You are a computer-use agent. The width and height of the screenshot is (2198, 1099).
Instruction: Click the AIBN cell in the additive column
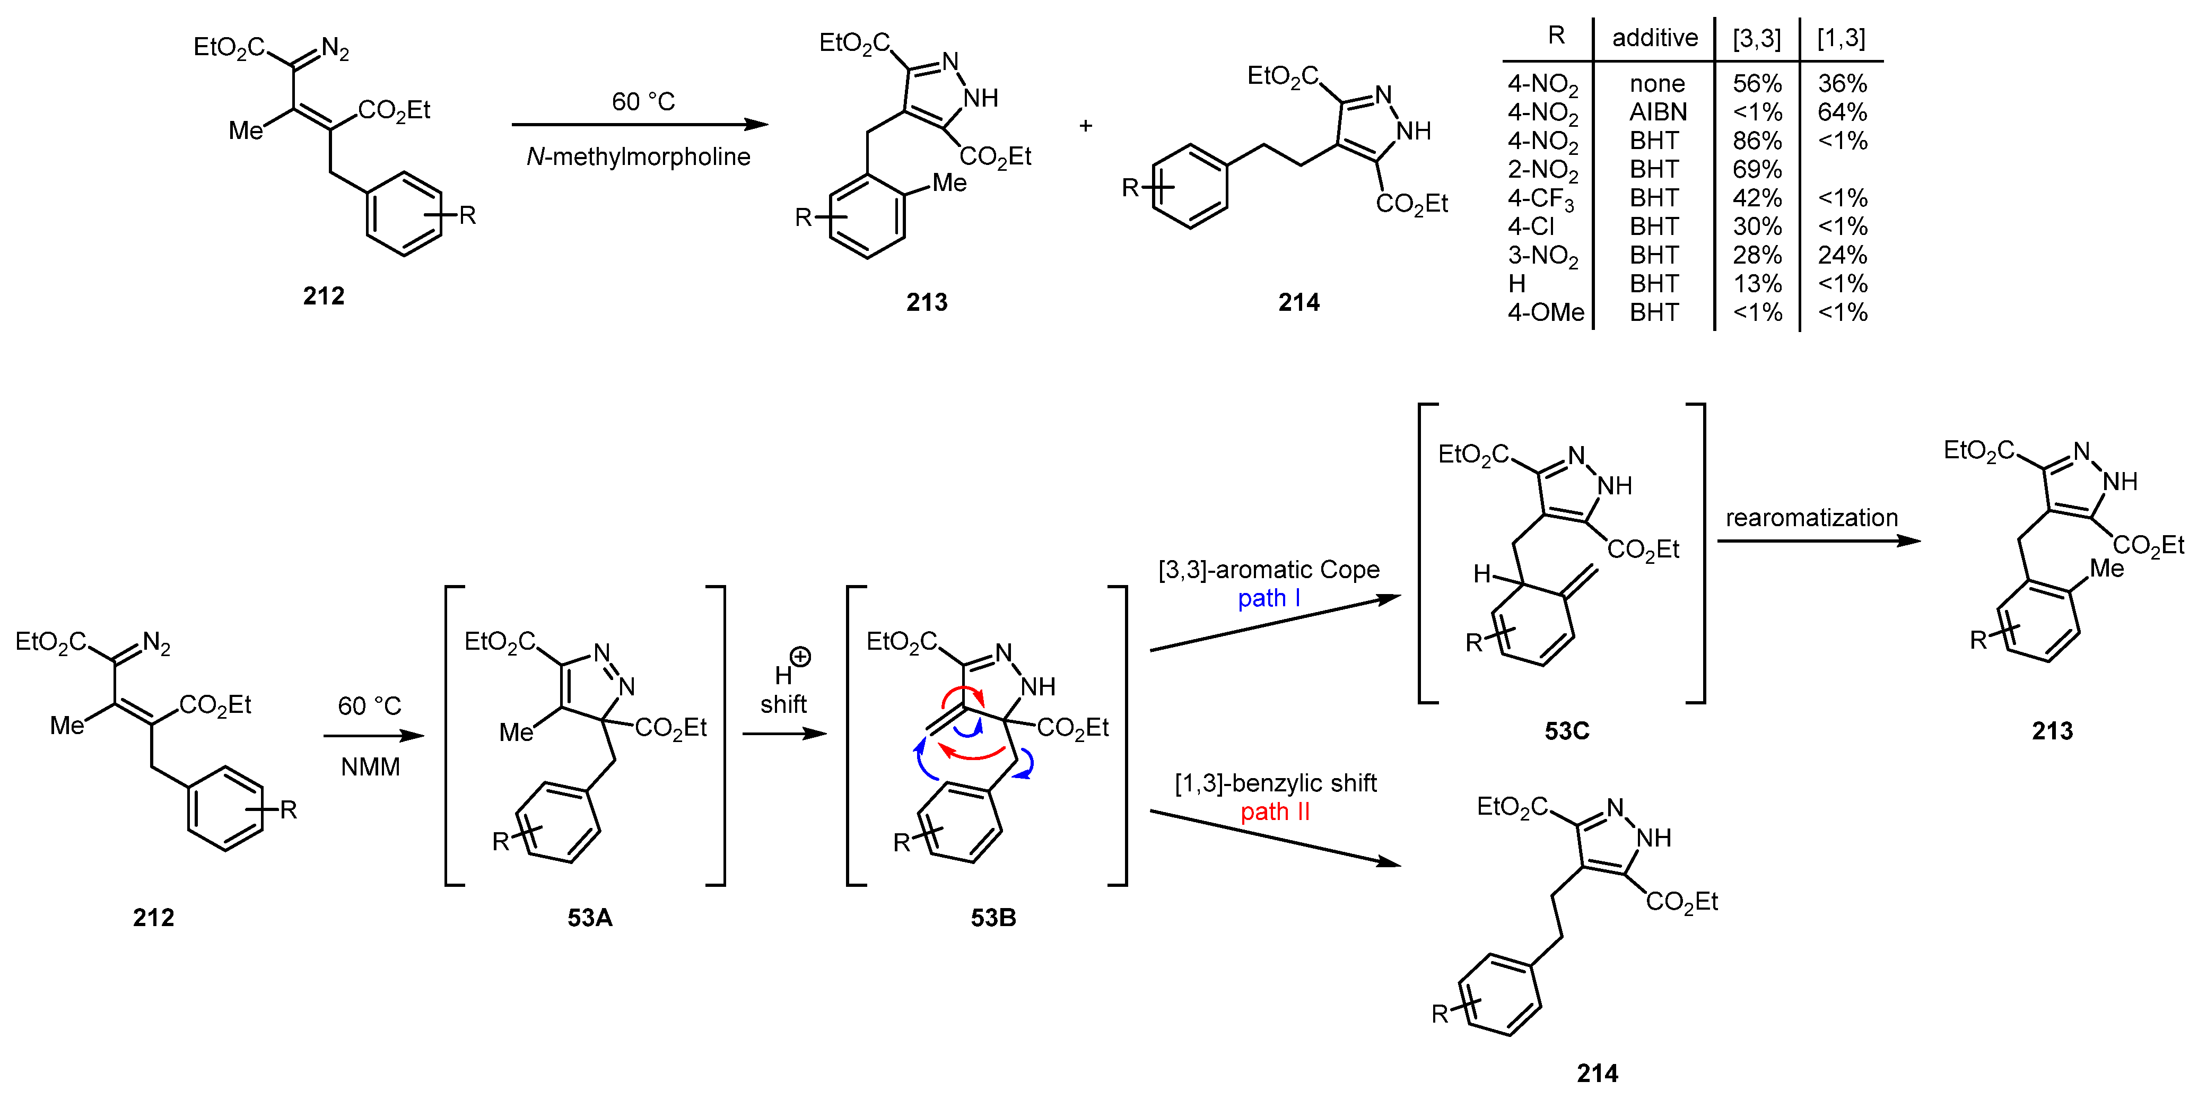[x=1657, y=112]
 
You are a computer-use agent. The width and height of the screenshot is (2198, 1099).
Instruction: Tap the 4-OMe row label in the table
[x=1545, y=312]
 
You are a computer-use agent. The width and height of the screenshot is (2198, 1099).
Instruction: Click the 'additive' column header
[x=1654, y=38]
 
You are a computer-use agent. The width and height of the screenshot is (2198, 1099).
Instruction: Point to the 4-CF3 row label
[x=1541, y=198]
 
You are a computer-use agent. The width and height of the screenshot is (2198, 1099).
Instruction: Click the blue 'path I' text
[x=1269, y=598]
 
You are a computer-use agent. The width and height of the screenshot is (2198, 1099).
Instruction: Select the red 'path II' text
[x=1274, y=812]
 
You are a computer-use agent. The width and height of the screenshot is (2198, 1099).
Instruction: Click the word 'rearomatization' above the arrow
[x=1811, y=517]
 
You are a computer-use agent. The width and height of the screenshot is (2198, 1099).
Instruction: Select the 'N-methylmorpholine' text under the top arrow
[x=638, y=156]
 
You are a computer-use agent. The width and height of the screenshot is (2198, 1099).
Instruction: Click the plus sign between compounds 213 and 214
[x=1085, y=125]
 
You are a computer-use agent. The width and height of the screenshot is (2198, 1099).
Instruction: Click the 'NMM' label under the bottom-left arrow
[x=370, y=766]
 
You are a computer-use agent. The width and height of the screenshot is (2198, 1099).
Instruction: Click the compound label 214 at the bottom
[x=1597, y=1072]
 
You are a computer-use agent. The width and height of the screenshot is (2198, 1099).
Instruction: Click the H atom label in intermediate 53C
[x=1482, y=574]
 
